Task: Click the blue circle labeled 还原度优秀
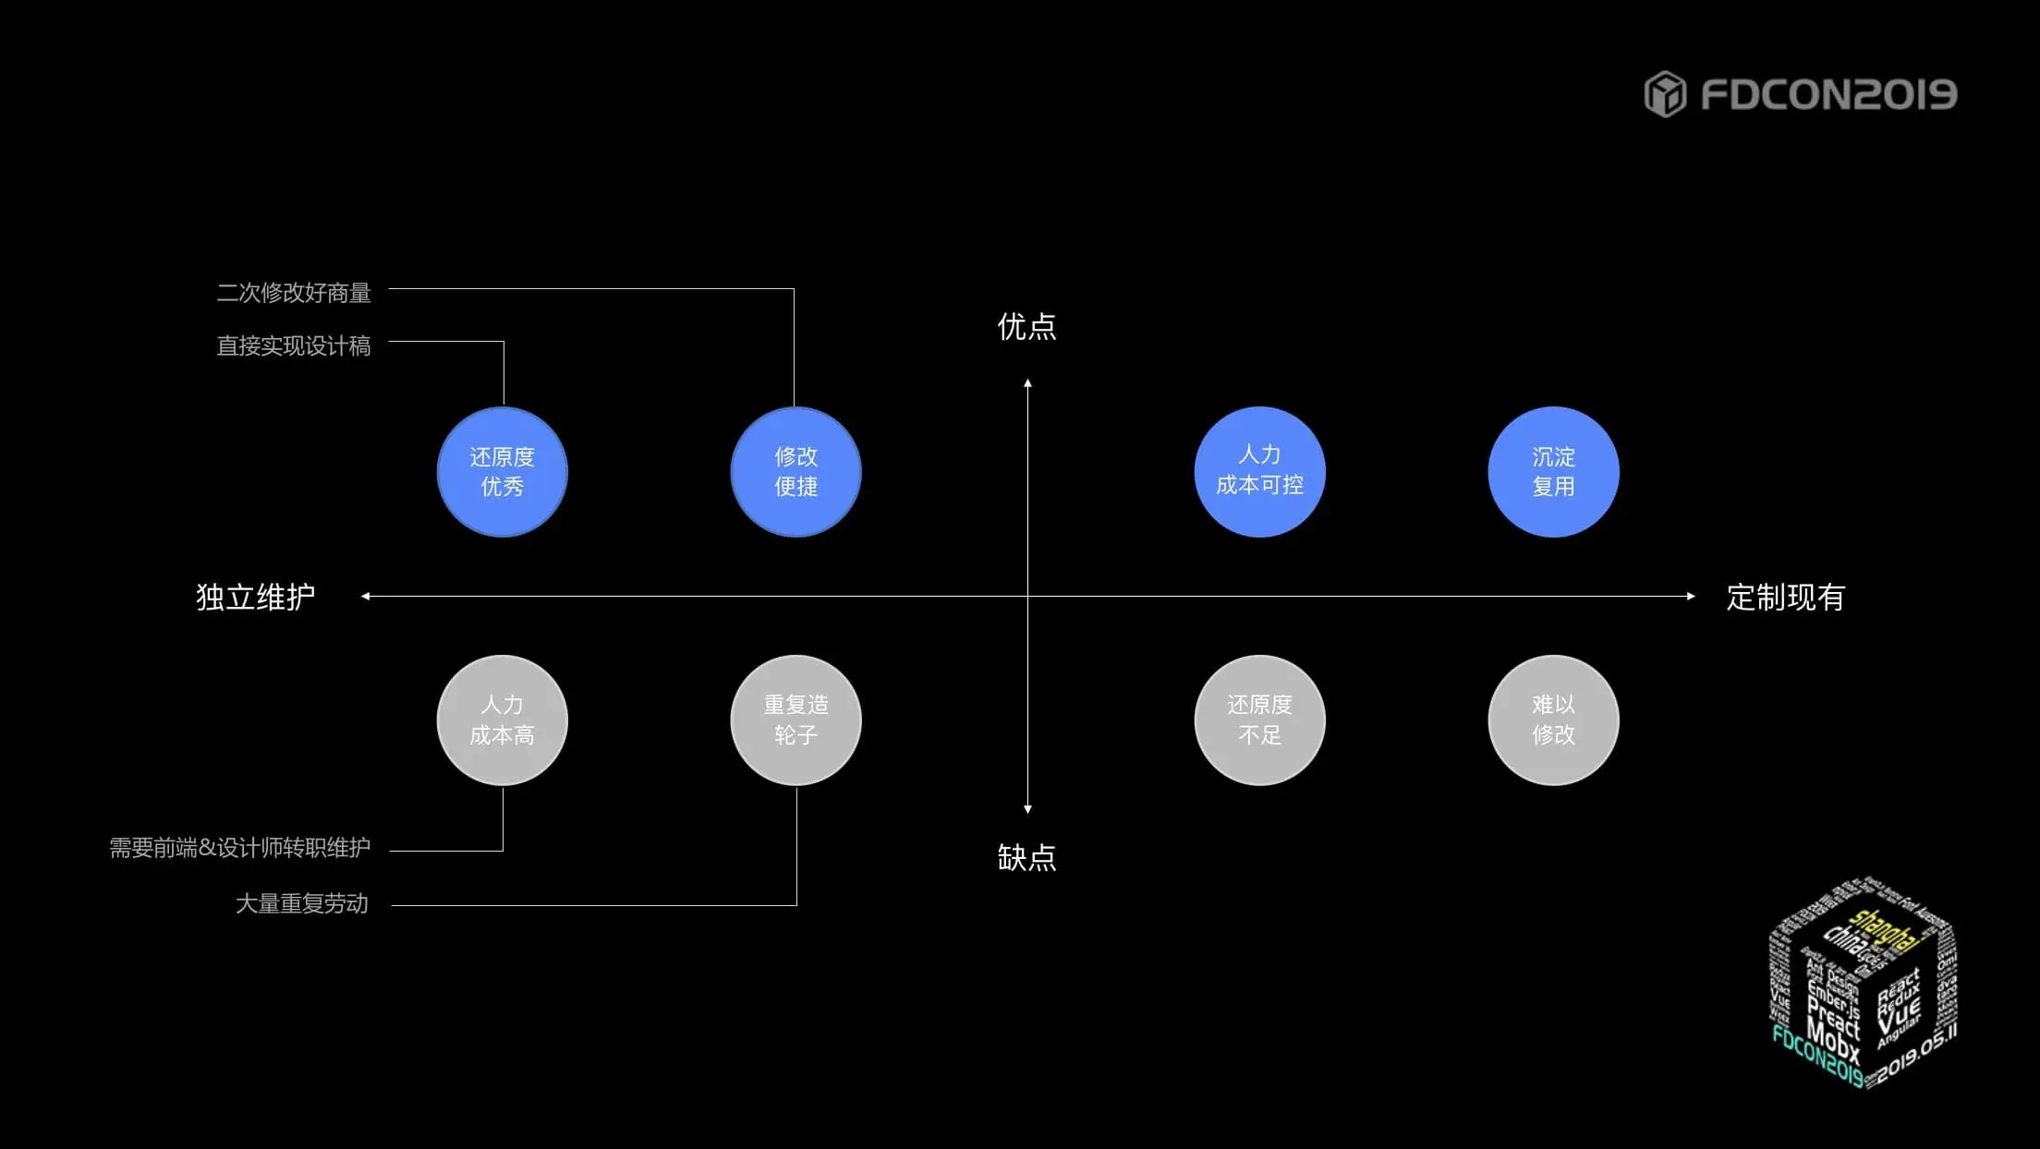pos(502,472)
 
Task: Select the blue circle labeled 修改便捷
pos(795,472)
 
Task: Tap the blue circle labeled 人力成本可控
pos(1259,472)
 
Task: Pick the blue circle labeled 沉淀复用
pos(1553,472)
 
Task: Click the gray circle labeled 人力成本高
pos(502,720)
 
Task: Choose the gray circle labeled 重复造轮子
pos(795,720)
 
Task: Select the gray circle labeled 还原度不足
pos(1259,720)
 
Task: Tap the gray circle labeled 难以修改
pos(1553,720)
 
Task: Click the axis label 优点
pos(1026,327)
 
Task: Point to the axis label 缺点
pos(1026,858)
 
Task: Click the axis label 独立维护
pos(255,598)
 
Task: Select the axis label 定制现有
pos(1785,598)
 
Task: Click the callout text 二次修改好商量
pos(294,293)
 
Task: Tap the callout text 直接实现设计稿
pos(294,346)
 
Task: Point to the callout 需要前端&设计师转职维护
pos(240,848)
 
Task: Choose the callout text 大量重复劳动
pos(302,903)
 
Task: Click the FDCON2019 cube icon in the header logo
pos(1665,94)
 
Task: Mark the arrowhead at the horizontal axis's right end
pos(1691,597)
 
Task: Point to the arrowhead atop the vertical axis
pos(1027,383)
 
